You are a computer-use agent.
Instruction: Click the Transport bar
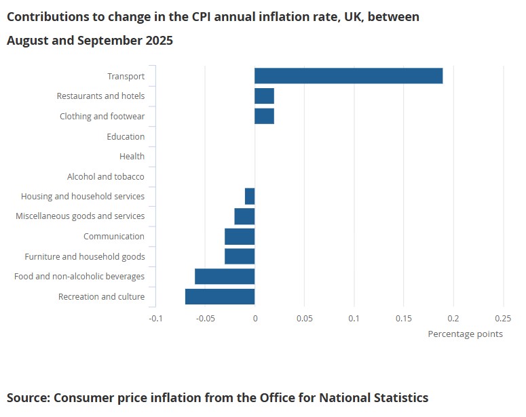point(348,76)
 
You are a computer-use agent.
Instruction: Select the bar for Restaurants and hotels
point(264,96)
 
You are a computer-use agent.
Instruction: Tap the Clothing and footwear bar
point(264,116)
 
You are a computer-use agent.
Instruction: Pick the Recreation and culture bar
point(220,296)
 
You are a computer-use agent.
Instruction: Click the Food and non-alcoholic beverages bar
point(225,277)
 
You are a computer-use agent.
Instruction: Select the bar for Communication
point(240,237)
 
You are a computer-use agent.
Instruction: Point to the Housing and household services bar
point(250,196)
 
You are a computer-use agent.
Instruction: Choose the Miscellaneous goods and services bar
point(244,216)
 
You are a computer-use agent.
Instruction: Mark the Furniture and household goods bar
point(240,256)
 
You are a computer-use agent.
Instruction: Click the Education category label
point(126,136)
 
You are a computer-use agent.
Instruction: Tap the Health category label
point(132,156)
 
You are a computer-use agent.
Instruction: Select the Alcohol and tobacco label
point(106,176)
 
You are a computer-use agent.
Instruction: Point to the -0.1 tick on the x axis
point(155,318)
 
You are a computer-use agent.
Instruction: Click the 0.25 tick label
point(503,318)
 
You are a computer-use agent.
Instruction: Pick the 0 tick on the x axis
point(255,318)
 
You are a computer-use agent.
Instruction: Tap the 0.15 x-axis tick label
point(404,318)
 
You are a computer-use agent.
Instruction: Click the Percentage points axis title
point(466,334)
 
